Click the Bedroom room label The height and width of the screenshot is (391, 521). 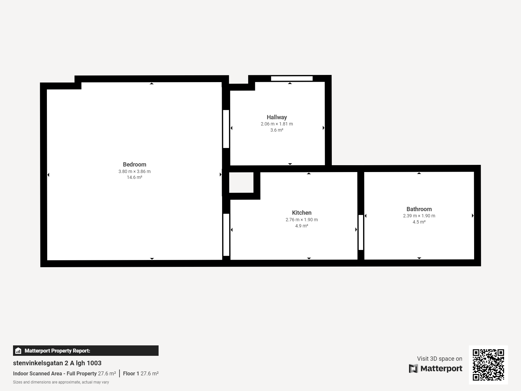pos(134,165)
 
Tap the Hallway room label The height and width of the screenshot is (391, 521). pos(277,117)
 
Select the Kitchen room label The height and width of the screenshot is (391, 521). pos(302,213)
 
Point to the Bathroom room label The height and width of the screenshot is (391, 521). pos(419,209)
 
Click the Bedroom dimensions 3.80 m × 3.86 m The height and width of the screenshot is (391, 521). pos(134,171)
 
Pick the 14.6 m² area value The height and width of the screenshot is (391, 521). pos(134,177)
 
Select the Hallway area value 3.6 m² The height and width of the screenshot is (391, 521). pos(277,130)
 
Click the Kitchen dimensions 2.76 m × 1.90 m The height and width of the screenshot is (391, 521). pos(302,220)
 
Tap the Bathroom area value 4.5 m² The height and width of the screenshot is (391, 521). pos(419,222)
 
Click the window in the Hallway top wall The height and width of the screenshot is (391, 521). pos(292,79)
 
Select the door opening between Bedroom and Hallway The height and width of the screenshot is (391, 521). pos(226,129)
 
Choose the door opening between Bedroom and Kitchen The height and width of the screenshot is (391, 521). pos(226,235)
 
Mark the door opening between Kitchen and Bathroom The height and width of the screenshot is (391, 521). pos(361,232)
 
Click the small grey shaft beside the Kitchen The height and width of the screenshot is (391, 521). pos(241,182)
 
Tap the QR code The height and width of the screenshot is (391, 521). pos(488,365)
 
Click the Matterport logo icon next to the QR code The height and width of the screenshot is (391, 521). pos(413,369)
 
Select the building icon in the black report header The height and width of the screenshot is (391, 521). pos(18,351)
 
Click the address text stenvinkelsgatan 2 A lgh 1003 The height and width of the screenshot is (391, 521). pos(57,363)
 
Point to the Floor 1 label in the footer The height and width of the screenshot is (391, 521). pos(131,373)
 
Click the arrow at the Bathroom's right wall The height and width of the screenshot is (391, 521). pos(472,216)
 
